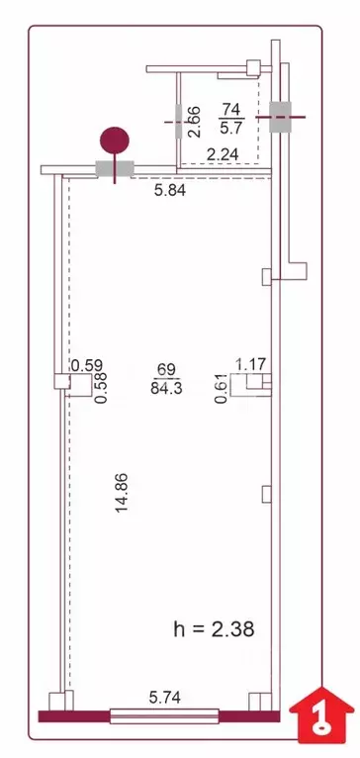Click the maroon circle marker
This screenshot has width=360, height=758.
pos(117,140)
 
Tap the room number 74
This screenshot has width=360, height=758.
pos(230,109)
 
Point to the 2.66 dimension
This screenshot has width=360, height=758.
pos(195,121)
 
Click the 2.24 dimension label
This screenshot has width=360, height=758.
pos(222,153)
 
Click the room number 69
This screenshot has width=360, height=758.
pos(166,369)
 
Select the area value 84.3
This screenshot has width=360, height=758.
pos(166,388)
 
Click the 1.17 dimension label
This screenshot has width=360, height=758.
pos(251,364)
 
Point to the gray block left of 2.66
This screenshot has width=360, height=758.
pos(178,122)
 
